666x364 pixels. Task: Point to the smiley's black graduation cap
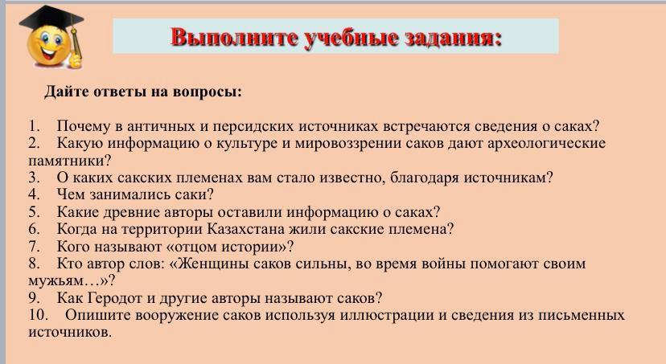[51, 20]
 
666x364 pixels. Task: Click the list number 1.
[34, 126]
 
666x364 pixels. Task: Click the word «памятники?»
[70, 161]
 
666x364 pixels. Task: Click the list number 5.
[34, 211]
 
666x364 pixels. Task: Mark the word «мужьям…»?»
[72, 281]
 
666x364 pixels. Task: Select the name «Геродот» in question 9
[115, 298]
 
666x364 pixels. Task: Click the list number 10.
[37, 315]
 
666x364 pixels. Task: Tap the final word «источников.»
[70, 332]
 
